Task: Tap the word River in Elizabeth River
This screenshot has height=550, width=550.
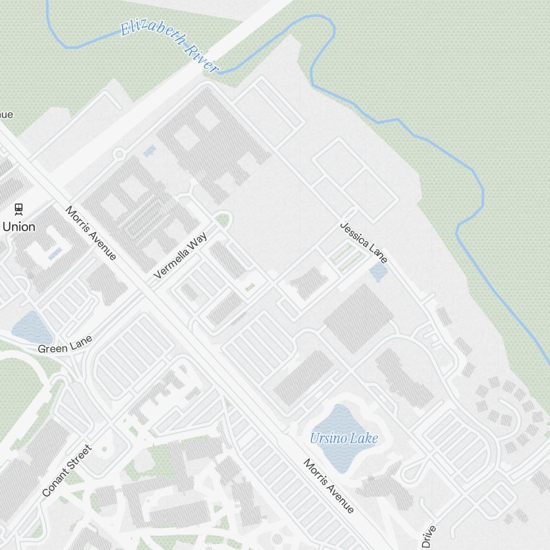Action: point(201,57)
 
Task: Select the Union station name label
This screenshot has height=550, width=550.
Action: point(19,227)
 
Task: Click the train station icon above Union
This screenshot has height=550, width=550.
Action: point(19,208)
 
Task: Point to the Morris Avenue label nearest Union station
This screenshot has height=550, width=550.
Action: point(91,233)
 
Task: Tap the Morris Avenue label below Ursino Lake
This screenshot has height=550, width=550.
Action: point(328,486)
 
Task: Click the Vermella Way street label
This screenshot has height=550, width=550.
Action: point(181,255)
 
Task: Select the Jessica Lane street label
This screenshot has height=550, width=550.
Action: point(364,242)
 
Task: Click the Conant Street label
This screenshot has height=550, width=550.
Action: point(67,471)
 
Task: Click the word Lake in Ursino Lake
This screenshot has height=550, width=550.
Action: point(365,438)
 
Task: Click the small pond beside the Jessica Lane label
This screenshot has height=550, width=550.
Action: point(378,271)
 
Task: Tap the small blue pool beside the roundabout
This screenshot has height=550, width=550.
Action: point(148,150)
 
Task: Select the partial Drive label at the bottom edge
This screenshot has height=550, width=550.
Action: point(429,537)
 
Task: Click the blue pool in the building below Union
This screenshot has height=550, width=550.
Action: point(55,254)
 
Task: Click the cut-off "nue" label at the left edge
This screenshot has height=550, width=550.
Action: point(5,114)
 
